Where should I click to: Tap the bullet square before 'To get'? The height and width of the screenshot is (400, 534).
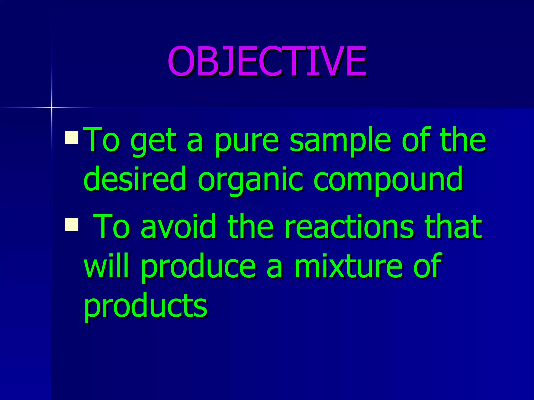71,138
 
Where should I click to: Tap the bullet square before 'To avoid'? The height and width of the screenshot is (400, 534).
71,224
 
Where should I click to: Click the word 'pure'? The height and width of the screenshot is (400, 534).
247,142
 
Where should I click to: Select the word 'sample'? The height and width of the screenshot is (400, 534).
340,142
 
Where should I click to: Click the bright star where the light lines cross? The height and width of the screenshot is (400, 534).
52,107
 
